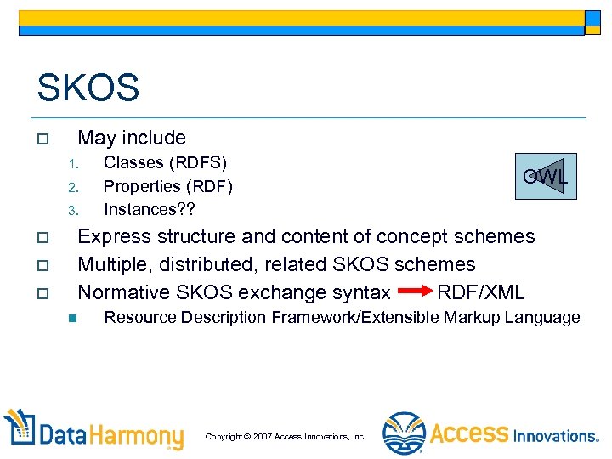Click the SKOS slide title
[88, 88]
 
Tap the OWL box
[546, 176]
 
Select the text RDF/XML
[480, 292]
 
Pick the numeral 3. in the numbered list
[74, 210]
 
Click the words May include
[132, 138]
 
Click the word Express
[111, 236]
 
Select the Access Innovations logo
[490, 433]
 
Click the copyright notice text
[286, 436]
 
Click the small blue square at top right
[593, 18]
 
